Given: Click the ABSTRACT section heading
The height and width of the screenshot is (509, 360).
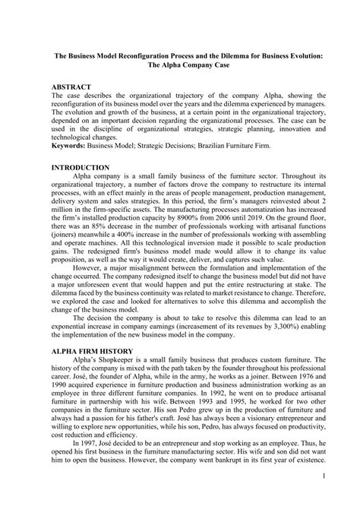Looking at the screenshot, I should pyautogui.click(x=70, y=87).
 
